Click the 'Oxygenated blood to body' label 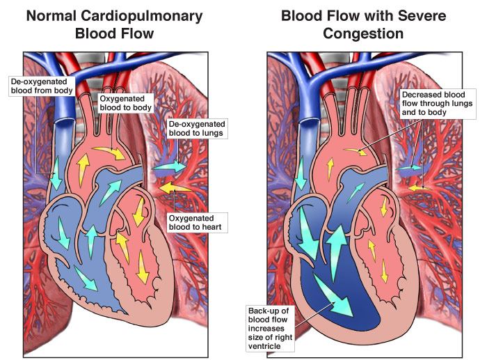[x=125, y=104]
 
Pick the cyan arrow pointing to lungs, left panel [x=170, y=167]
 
